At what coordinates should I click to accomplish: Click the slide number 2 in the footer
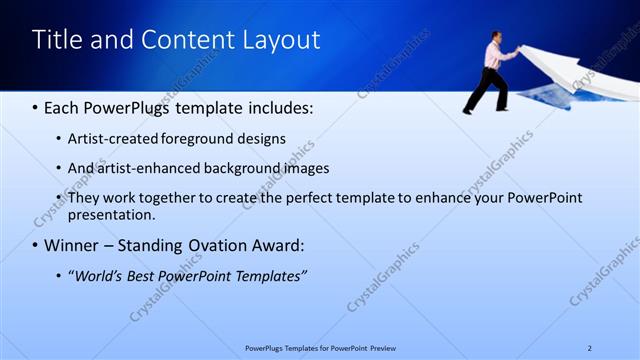[589, 348]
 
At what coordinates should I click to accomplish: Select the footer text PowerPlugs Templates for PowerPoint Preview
[319, 348]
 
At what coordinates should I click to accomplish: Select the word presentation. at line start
[111, 214]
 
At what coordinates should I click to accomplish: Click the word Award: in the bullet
[276, 245]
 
